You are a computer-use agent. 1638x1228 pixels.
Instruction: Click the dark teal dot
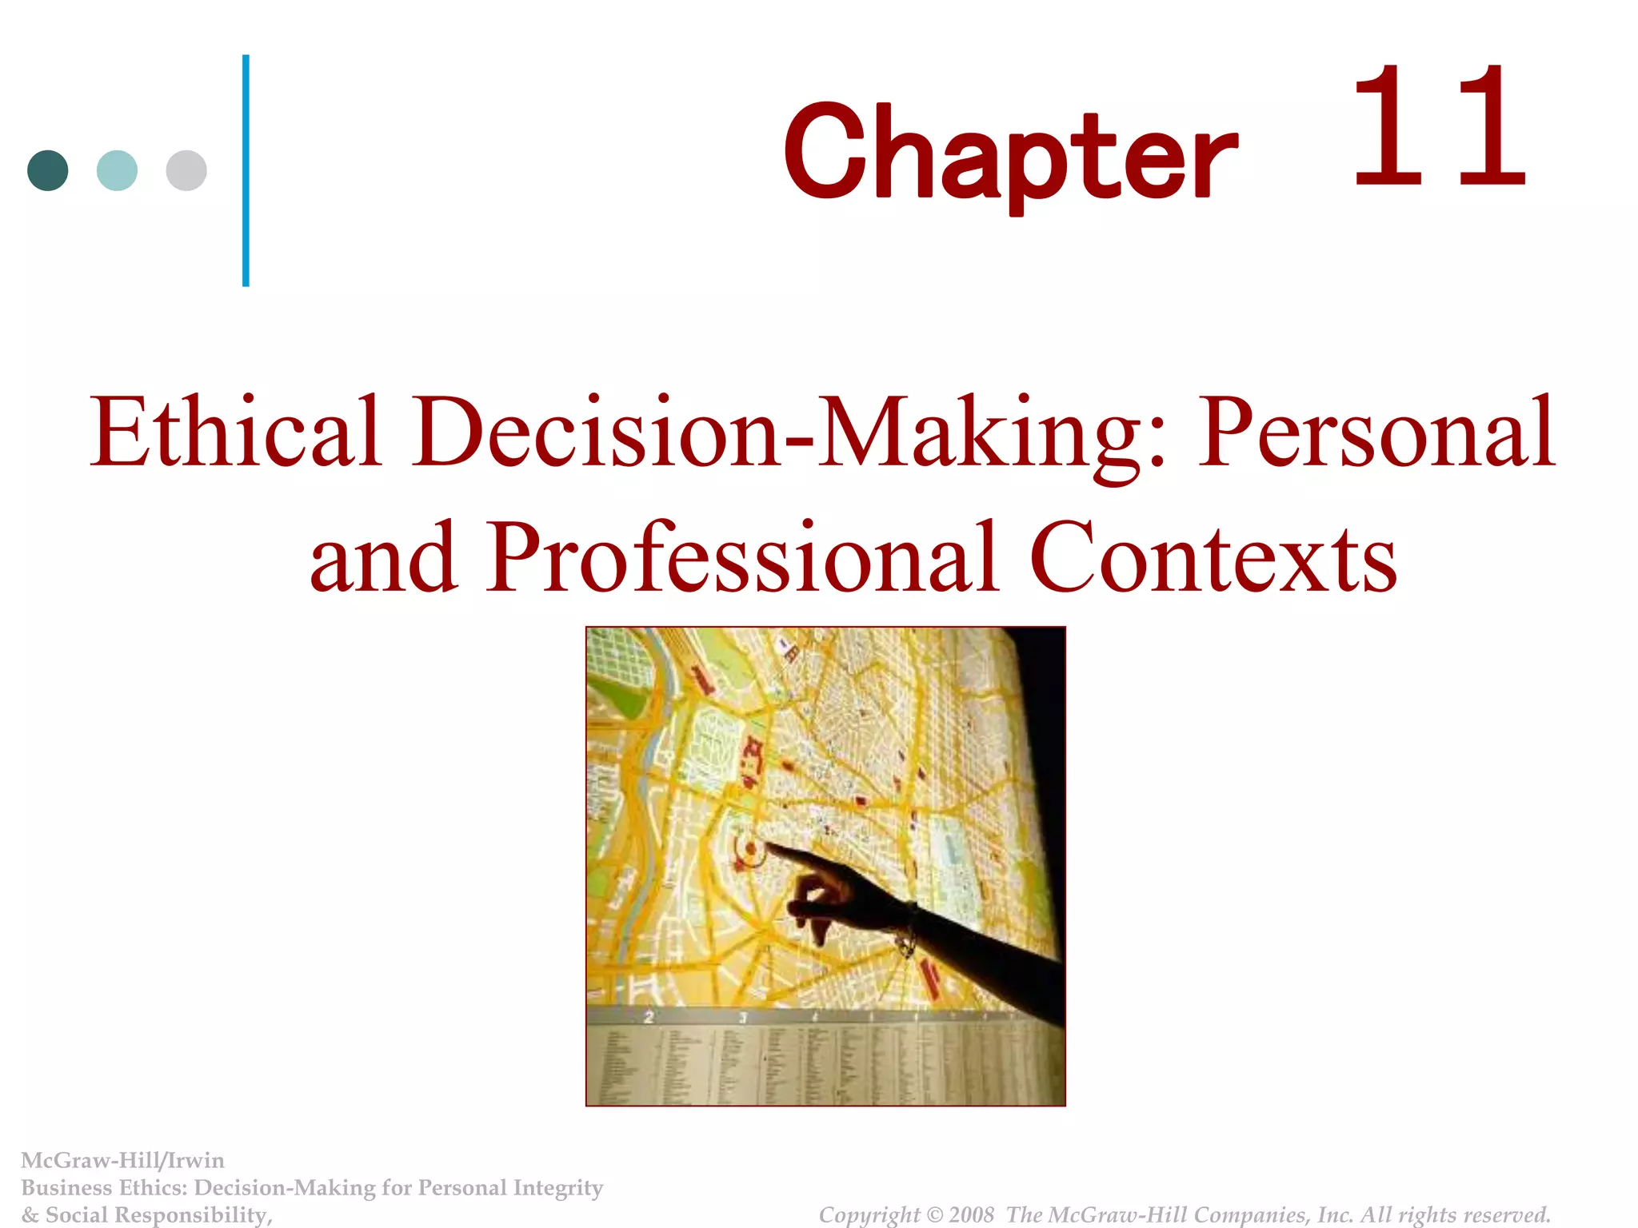click(x=48, y=170)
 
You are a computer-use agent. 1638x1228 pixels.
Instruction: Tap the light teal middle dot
click(x=117, y=170)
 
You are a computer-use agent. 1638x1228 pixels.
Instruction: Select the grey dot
click(x=186, y=170)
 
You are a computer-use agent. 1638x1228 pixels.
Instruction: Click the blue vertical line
click(x=246, y=170)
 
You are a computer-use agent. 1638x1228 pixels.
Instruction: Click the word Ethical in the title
click(x=234, y=432)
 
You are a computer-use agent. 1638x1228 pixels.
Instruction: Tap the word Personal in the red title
click(x=1375, y=432)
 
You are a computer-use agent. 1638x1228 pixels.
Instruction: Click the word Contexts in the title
click(x=1213, y=558)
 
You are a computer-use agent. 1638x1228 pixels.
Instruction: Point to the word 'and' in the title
click(x=384, y=558)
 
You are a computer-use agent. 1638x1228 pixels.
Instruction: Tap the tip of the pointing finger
click(x=769, y=845)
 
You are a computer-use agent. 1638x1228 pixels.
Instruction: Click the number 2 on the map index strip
click(x=649, y=1018)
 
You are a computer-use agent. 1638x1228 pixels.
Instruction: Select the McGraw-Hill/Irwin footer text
click(x=122, y=1160)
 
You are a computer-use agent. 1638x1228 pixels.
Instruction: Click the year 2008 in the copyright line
click(x=971, y=1214)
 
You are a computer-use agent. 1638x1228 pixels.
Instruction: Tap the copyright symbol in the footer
click(x=933, y=1215)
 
